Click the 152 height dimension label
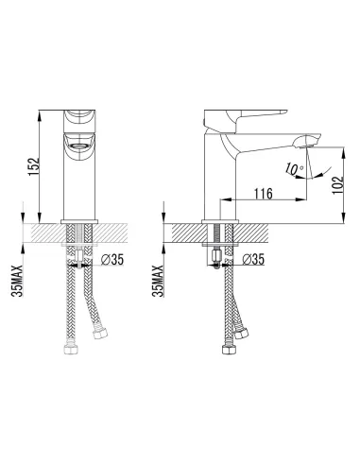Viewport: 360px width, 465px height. coord(34,166)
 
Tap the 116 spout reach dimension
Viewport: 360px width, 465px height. coord(264,194)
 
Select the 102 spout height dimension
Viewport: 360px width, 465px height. coord(337,185)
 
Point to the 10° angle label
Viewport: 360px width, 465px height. coord(295,169)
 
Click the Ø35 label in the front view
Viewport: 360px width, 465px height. coord(112,260)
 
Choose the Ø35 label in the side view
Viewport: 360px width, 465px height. coord(253,260)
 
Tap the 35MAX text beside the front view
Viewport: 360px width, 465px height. coord(17,281)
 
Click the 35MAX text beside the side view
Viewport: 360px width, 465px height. coord(158,281)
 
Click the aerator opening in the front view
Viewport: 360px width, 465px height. coord(79,146)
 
